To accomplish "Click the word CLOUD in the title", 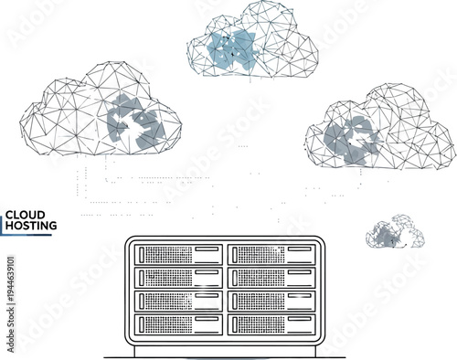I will (25, 216).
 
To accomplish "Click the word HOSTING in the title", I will (32, 225).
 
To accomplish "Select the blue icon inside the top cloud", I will (234, 48).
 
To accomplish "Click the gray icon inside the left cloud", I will (136, 124).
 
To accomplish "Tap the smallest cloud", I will (395, 234).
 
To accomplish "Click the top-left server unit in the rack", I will (177, 254).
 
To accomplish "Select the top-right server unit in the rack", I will (271, 254).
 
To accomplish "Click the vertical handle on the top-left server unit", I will (139, 254).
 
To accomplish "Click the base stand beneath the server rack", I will (225, 351).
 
